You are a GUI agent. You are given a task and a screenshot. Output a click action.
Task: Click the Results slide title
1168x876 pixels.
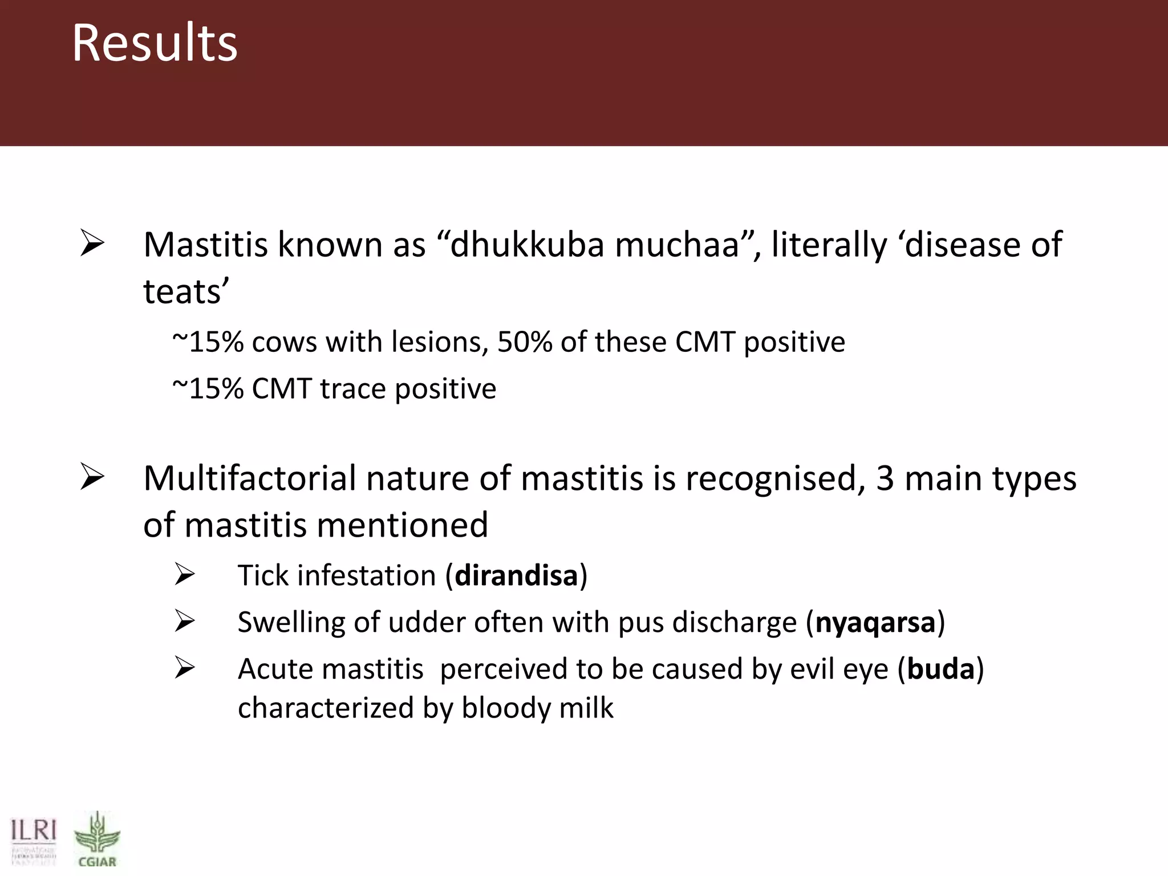coord(154,43)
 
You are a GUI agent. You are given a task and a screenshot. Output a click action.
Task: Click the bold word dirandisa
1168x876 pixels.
coord(516,575)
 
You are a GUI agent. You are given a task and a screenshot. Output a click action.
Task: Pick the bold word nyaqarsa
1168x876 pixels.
coord(875,622)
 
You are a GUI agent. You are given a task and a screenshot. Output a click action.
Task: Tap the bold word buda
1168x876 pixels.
coord(940,668)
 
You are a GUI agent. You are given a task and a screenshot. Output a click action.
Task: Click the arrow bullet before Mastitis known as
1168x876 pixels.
coord(92,243)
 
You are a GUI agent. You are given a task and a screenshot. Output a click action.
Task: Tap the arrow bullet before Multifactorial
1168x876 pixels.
coord(92,477)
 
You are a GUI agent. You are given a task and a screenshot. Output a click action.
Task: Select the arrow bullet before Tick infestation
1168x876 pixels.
coord(185,574)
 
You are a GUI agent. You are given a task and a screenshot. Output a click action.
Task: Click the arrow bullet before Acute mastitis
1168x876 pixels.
coord(185,668)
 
